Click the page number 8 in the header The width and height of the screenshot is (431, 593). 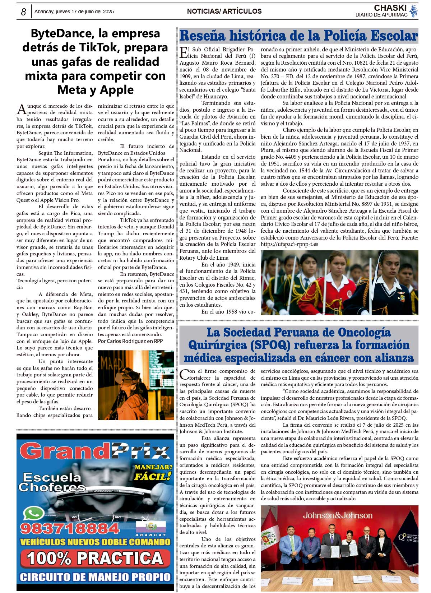(23, 12)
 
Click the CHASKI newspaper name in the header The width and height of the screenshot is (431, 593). (390, 8)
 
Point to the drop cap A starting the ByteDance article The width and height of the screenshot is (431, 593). (22, 109)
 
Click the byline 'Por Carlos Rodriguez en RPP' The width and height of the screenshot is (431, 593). (130, 341)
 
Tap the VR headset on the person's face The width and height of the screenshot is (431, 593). (128, 377)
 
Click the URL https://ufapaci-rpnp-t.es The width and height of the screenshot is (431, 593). (289, 244)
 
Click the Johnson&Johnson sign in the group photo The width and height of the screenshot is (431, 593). (337, 515)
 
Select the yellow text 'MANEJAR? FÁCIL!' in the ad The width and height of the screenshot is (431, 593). (153, 472)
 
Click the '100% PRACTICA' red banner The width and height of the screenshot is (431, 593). (95, 558)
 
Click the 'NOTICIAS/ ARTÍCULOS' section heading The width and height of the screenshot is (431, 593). (224, 11)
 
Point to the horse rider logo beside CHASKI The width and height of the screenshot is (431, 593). (414, 11)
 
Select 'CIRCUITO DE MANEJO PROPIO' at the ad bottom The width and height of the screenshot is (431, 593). (95, 577)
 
